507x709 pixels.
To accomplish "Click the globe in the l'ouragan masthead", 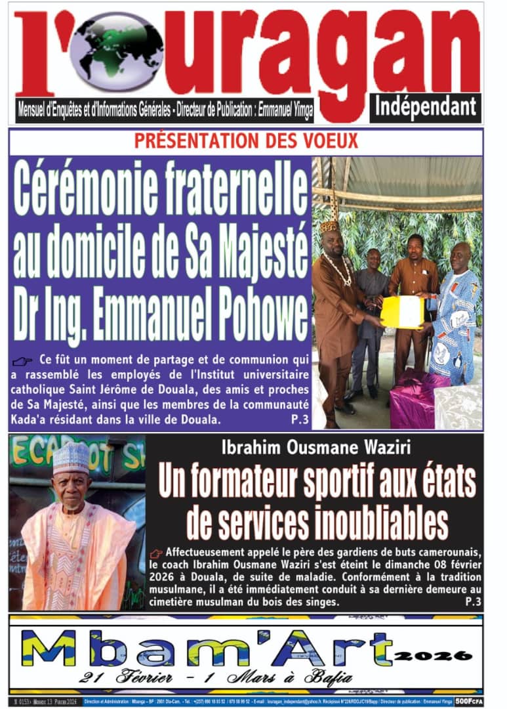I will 118,51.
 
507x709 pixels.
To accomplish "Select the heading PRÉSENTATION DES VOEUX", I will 246,140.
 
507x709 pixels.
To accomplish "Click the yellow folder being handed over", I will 402,311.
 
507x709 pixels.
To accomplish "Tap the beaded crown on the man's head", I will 329,226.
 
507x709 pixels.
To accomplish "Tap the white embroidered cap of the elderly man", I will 71,458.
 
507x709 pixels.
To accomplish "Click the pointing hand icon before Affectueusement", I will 156,553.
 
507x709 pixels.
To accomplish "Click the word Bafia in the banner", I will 327,677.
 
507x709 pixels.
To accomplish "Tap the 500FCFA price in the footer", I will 469,702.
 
